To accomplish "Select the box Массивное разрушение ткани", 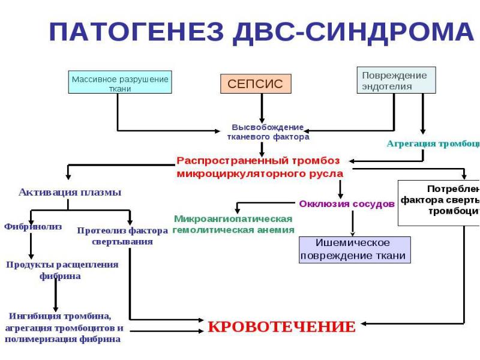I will pyautogui.click(x=120, y=83).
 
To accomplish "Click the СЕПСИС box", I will pyautogui.click(x=255, y=83).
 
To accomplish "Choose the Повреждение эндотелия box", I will pyautogui.click(x=396, y=80).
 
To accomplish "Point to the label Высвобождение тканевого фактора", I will pyautogui.click(x=268, y=132).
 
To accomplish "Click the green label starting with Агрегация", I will pyautogui.click(x=432, y=144).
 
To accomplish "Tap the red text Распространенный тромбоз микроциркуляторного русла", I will pyautogui.click(x=260, y=167).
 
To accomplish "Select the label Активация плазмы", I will pyautogui.click(x=70, y=193).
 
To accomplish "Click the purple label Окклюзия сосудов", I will pyautogui.click(x=346, y=203).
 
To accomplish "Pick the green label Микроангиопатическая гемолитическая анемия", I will pyautogui.click(x=233, y=224).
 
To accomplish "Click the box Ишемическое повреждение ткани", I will pyautogui.click(x=355, y=250).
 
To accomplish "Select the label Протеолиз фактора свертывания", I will pyautogui.click(x=122, y=236).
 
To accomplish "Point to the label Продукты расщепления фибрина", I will pyautogui.click(x=61, y=270).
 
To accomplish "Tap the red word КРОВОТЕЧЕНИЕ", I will pyautogui.click(x=281, y=327).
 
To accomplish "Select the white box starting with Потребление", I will pyautogui.click(x=440, y=203).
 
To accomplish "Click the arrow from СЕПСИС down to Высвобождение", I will pyautogui.click(x=262, y=108).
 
